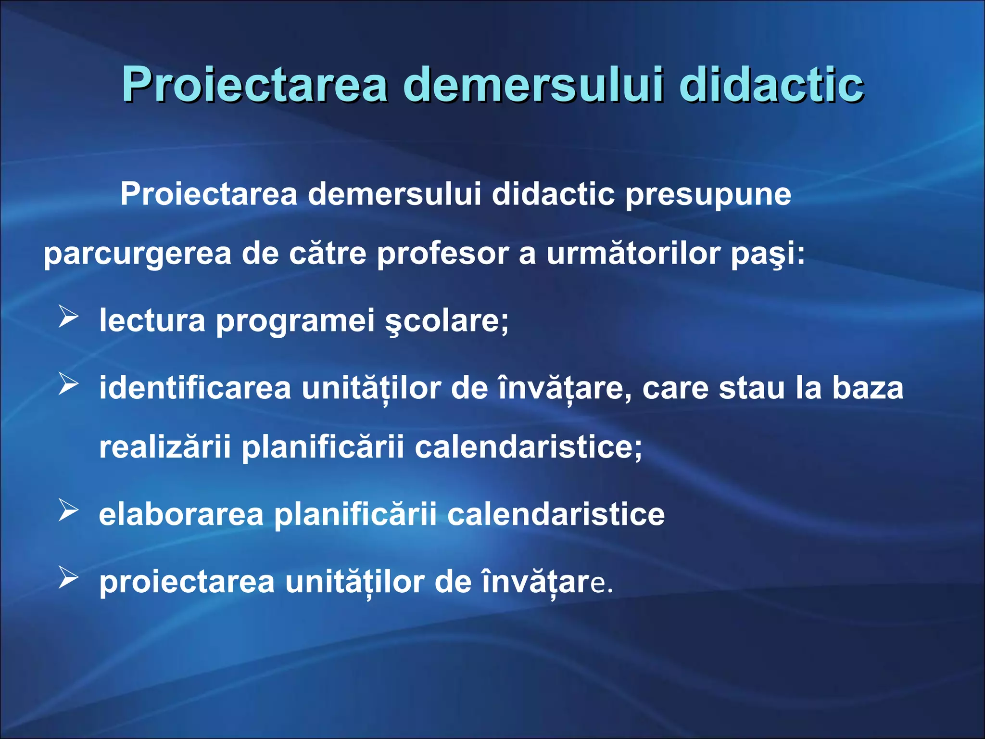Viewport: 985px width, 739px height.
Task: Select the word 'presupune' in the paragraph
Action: [x=708, y=194]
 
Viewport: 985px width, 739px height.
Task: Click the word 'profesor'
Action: [x=442, y=254]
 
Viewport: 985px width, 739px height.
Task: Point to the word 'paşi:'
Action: [x=768, y=254]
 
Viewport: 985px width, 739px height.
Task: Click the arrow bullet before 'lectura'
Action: [x=68, y=317]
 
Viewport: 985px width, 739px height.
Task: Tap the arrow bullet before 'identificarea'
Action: [x=68, y=384]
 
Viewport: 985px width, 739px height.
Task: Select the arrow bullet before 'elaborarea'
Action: [x=68, y=510]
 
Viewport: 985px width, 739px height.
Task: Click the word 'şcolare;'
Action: [x=447, y=321]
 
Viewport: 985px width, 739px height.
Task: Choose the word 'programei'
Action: [x=295, y=321]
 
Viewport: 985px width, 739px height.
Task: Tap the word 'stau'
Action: [x=752, y=388]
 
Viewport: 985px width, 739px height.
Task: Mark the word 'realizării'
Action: [x=165, y=447]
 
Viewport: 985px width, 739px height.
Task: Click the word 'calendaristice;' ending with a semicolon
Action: [x=528, y=447]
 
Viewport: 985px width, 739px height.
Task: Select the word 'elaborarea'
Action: [x=181, y=514]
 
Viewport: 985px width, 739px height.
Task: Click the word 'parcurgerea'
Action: [x=138, y=254]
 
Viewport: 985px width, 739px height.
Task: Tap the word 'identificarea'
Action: [x=195, y=388]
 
